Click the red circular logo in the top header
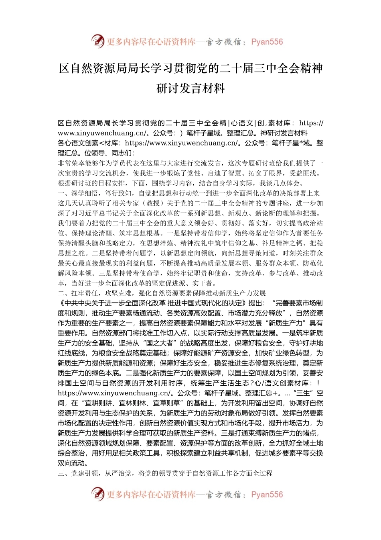point(97,41)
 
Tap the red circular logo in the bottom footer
point(97,494)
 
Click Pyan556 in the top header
point(267,42)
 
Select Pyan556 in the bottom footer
point(267,495)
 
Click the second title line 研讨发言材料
point(190,88)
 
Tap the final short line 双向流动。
point(73,463)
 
